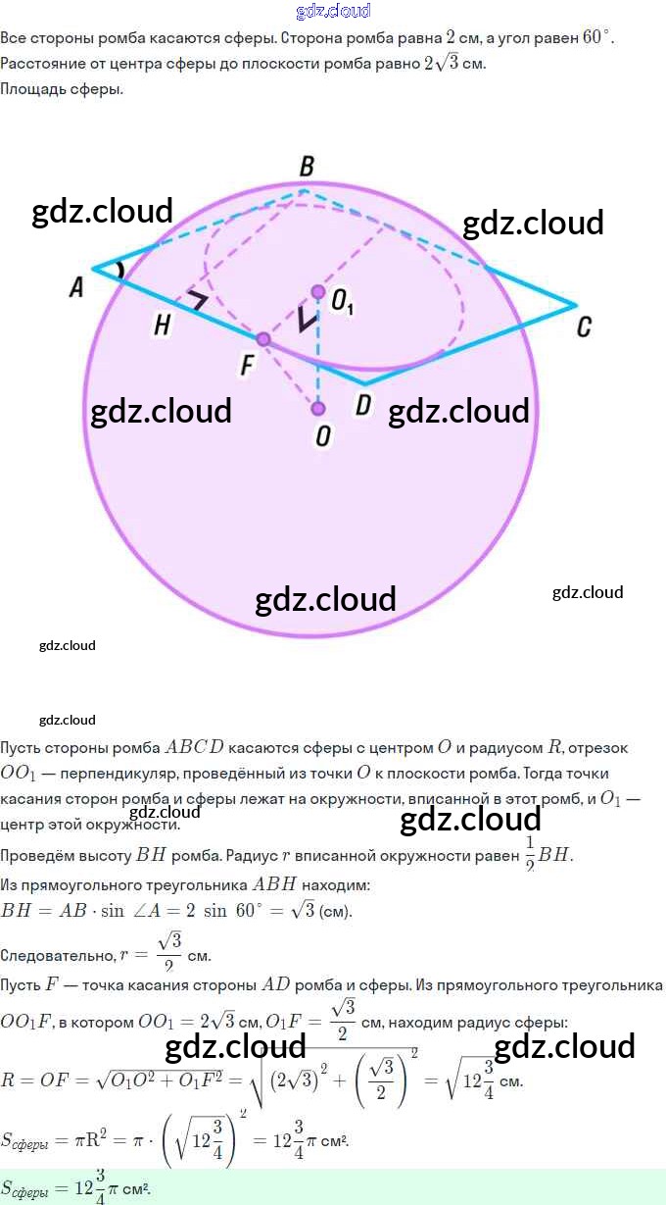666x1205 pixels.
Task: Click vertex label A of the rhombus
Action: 75,286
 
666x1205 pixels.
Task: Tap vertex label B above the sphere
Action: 307,167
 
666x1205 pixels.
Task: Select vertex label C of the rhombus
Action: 584,326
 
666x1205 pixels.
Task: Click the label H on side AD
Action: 163,326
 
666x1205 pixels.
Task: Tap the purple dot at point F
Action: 262,338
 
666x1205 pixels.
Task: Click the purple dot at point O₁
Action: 317,291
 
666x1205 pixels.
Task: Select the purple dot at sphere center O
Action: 317,408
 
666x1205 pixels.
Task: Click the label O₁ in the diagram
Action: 342,303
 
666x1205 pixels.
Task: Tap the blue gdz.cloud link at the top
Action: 333,11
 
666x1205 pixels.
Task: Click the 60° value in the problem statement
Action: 595,37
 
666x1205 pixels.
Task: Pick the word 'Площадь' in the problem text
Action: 29,89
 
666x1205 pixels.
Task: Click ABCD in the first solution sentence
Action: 196,747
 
